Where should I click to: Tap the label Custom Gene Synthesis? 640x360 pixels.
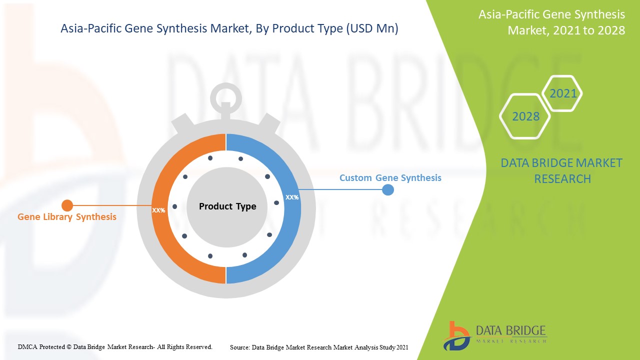tap(390, 177)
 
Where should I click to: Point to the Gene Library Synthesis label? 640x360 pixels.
tap(67, 217)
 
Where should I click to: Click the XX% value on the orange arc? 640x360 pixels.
tap(158, 210)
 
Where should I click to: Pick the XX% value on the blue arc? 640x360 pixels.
tap(292, 197)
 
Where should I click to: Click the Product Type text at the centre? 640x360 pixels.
tap(227, 206)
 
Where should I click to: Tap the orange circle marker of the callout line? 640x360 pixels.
tap(67, 205)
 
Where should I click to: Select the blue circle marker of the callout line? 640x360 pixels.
tap(388, 189)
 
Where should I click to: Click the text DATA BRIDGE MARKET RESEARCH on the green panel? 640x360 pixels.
tap(561, 171)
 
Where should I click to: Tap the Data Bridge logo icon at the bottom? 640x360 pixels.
tap(457, 336)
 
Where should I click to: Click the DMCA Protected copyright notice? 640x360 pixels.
tap(115, 347)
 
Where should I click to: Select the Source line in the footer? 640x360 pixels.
tap(319, 347)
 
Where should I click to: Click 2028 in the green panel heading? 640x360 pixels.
tap(611, 30)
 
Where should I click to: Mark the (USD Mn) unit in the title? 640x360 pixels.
tap(372, 28)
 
